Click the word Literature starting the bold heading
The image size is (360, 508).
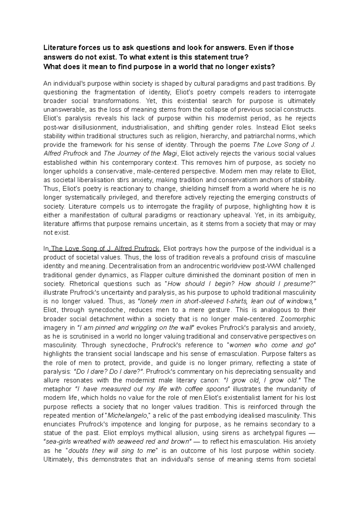pyautogui.click(x=58, y=47)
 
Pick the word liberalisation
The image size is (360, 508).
pyautogui.click(x=103, y=180)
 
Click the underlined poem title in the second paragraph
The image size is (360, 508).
pyautogui.click(x=105, y=249)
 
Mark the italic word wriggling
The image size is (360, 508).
pyautogui.click(x=142, y=327)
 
